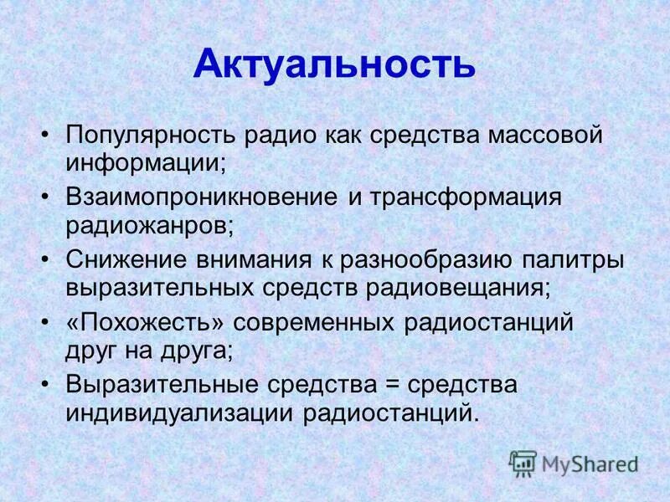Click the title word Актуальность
tap(334, 64)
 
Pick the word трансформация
tap(466, 197)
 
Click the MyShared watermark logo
tap(574, 463)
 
